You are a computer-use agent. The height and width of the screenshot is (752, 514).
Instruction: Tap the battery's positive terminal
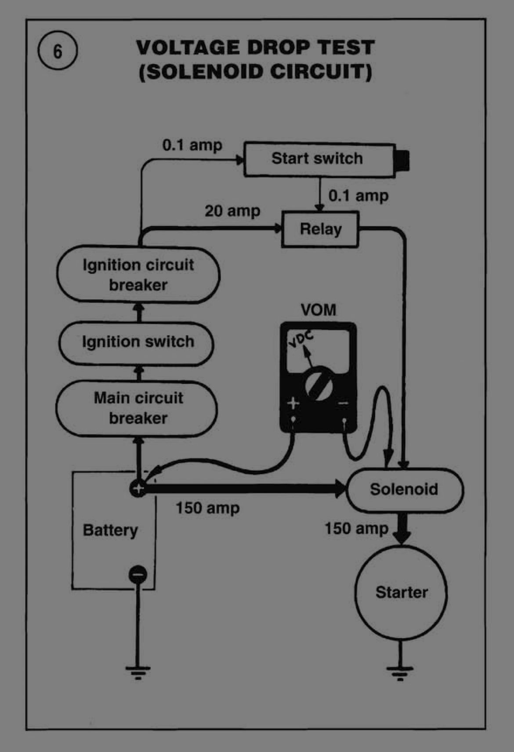[x=138, y=489]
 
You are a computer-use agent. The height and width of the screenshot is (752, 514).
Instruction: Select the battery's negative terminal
[x=138, y=574]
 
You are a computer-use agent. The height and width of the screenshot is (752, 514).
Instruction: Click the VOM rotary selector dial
[x=319, y=383]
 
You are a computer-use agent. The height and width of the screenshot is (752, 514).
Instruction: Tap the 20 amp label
[x=232, y=211]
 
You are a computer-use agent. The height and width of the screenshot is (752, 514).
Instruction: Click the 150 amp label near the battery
[x=208, y=508]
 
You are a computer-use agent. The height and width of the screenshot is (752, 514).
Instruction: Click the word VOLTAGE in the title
[x=189, y=47]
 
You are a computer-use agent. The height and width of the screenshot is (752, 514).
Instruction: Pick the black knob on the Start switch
[x=402, y=160]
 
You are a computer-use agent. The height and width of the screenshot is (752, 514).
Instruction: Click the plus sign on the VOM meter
[x=293, y=403]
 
